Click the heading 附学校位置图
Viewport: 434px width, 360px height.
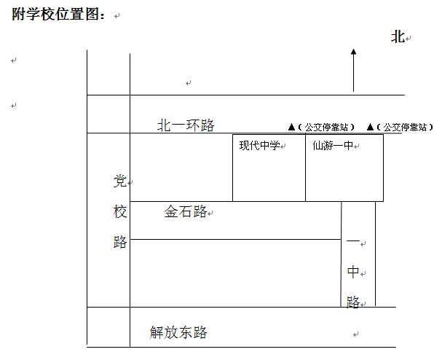58,14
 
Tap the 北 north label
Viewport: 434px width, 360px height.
398,37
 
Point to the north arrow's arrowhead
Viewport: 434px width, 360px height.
353,52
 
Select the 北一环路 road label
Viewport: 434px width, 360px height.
186,125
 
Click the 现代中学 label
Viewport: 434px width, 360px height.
260,146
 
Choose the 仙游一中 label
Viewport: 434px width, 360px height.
334,146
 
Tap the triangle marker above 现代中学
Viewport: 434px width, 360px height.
291,127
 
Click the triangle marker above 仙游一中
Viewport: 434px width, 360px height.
370,127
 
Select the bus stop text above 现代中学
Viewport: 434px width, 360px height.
326,127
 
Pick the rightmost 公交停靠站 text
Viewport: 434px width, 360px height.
405,127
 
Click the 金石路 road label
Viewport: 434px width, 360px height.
186,211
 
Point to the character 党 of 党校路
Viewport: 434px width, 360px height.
120,181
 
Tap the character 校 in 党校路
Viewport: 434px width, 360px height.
120,212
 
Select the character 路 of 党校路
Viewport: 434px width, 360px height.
120,242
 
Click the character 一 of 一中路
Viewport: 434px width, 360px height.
353,241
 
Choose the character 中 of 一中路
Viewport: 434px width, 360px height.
353,272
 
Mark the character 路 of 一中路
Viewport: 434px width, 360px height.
353,302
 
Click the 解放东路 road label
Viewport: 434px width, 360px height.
178,332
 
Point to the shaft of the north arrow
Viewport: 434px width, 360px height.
353,73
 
